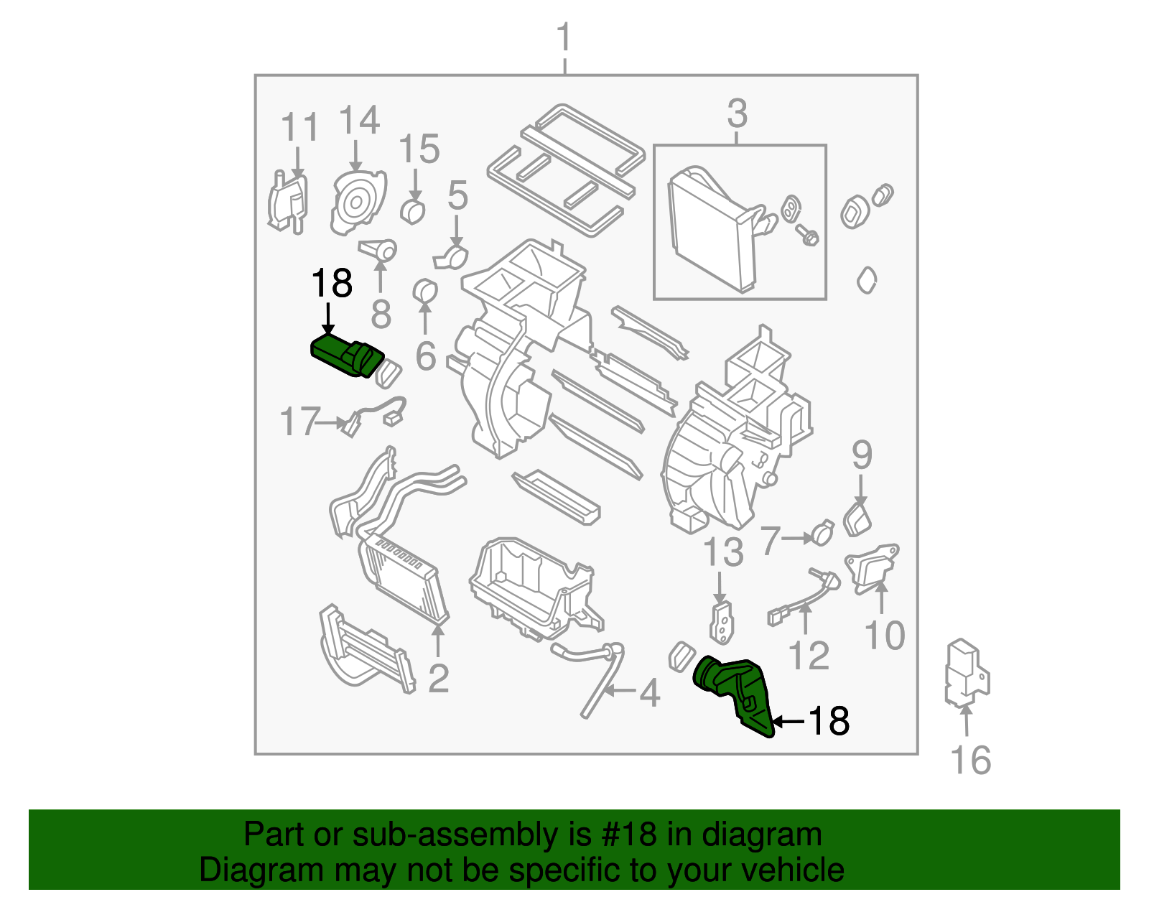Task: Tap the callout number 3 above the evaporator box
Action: coord(738,113)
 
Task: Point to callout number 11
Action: coord(299,129)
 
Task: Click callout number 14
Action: coord(358,120)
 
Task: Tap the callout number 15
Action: coord(419,149)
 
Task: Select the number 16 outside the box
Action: coord(970,761)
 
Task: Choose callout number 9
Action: coord(862,455)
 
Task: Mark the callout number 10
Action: coord(884,635)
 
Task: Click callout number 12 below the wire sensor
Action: coord(809,654)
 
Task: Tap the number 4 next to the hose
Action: coord(649,693)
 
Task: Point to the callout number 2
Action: coord(438,678)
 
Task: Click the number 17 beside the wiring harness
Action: coord(299,422)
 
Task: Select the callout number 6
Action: coord(426,355)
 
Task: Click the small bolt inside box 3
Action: coord(808,236)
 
